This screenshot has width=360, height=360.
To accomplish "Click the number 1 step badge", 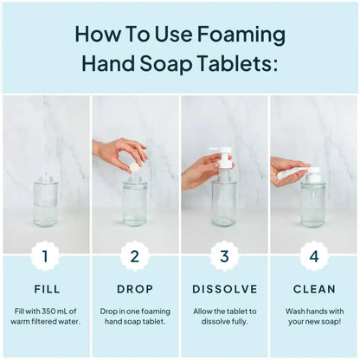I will point(45,255).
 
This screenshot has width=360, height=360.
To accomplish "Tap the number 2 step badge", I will point(134,255).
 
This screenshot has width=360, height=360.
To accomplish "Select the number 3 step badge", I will point(224,255).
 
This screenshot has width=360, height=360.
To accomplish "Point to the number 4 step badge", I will point(313,255).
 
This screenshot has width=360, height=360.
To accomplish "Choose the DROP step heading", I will point(134,288).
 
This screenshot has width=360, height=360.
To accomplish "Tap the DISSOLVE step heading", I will point(224,288).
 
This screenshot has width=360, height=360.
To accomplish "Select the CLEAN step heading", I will point(313,288).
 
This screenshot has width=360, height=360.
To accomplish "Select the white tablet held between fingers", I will point(134,164).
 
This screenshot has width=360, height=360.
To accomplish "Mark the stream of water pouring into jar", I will point(45,138).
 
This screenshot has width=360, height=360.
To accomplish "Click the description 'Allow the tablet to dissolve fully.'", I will point(224,315).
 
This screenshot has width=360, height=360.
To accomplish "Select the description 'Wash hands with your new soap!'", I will point(313,315).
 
